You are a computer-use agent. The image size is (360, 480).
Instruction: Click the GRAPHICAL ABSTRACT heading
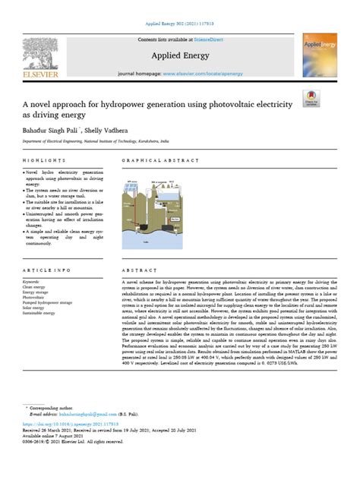coord(153,161)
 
